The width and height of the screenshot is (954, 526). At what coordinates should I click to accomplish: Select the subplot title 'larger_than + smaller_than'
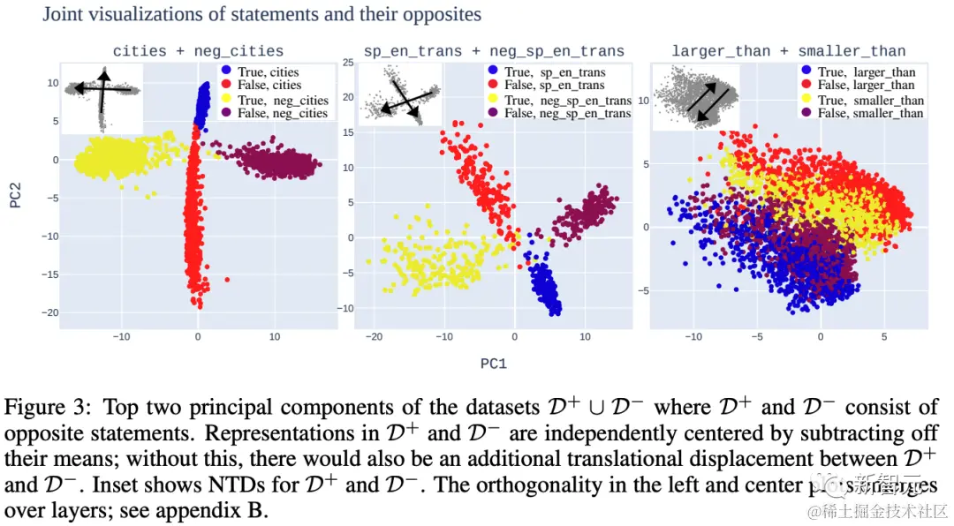click(788, 51)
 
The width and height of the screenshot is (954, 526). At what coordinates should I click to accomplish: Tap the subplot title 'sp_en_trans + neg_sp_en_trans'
click(494, 51)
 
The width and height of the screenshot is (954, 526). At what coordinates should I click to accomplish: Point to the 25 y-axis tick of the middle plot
click(348, 63)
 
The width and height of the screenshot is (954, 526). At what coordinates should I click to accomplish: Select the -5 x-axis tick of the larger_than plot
click(757, 337)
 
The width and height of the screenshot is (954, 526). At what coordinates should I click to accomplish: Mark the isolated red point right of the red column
click(227, 280)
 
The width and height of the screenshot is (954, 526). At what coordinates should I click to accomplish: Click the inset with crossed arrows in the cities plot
click(102, 97)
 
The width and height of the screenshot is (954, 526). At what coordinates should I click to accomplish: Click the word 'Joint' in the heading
click(64, 14)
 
